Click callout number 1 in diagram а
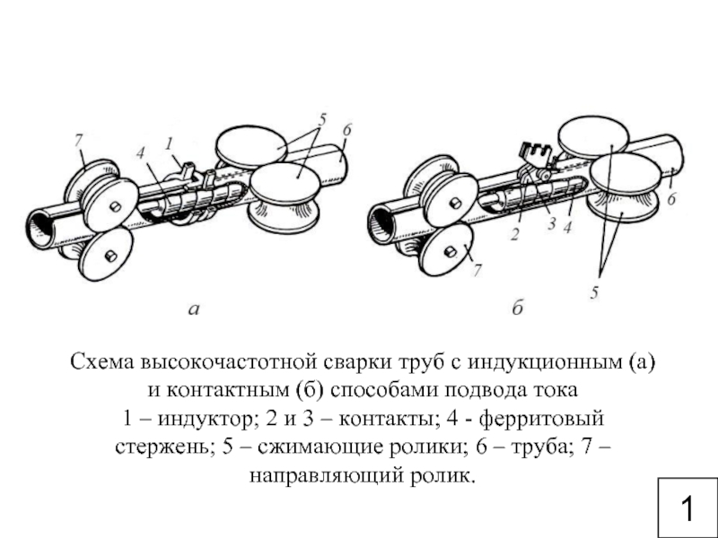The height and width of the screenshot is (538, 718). [170, 143]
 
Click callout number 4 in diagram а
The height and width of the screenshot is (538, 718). [141, 153]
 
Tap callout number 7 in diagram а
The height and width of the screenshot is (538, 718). [79, 141]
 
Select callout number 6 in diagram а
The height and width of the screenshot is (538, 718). [346, 130]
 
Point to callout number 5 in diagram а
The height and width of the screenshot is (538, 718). [322, 120]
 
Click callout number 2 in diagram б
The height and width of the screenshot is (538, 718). [515, 234]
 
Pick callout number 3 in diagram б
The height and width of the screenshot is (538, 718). [551, 223]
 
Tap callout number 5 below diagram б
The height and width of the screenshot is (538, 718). [594, 292]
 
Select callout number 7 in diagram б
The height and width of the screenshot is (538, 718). [477, 271]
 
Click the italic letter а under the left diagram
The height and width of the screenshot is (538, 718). [194, 309]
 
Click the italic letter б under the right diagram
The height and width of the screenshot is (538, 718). [518, 308]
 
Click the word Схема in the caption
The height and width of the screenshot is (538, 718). [102, 362]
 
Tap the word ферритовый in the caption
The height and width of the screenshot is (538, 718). [542, 419]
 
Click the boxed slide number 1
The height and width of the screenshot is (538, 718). [687, 508]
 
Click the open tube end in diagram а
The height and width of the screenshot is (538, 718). [40, 229]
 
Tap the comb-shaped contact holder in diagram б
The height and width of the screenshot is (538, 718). [534, 154]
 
